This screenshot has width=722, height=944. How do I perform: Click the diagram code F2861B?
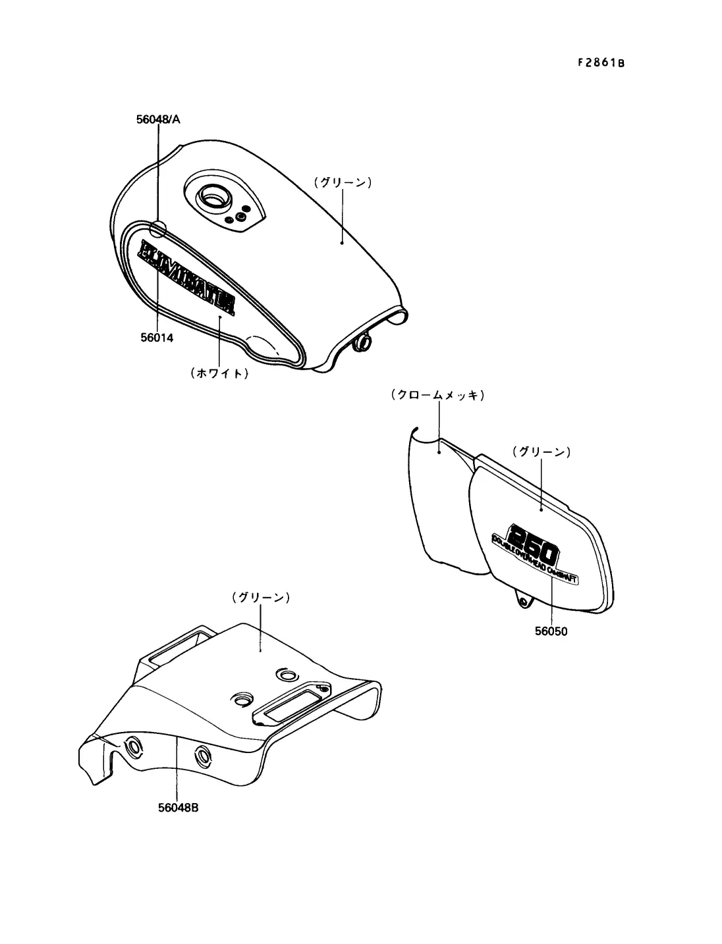(600, 63)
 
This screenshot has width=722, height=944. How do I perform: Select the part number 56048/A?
(158, 119)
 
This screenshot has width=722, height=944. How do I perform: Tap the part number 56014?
(157, 338)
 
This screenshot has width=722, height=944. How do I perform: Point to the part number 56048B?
(178, 807)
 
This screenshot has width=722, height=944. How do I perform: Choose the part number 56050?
(551, 631)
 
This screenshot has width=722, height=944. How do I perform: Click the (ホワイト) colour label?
(219, 373)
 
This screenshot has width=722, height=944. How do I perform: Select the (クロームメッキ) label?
(437, 396)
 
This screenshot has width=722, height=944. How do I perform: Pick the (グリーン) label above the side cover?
(541, 452)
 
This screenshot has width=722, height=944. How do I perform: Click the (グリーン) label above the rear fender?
(261, 598)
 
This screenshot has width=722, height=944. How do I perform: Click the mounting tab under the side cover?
(524, 600)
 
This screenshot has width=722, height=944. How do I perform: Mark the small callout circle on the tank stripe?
(158, 228)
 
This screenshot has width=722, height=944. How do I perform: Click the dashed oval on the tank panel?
(264, 347)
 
